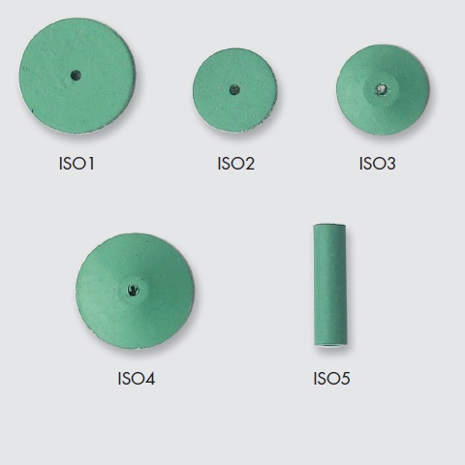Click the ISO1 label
pos(77,164)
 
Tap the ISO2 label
pos(235,164)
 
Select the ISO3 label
pos(377,164)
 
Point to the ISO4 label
pos(137,379)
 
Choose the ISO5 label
pos(331,379)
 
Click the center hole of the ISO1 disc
pos(76,76)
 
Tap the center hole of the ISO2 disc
pos(234,90)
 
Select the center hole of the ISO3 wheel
pos(382,89)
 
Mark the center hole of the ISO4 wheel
pos(133,290)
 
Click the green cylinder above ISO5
pos(329,285)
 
